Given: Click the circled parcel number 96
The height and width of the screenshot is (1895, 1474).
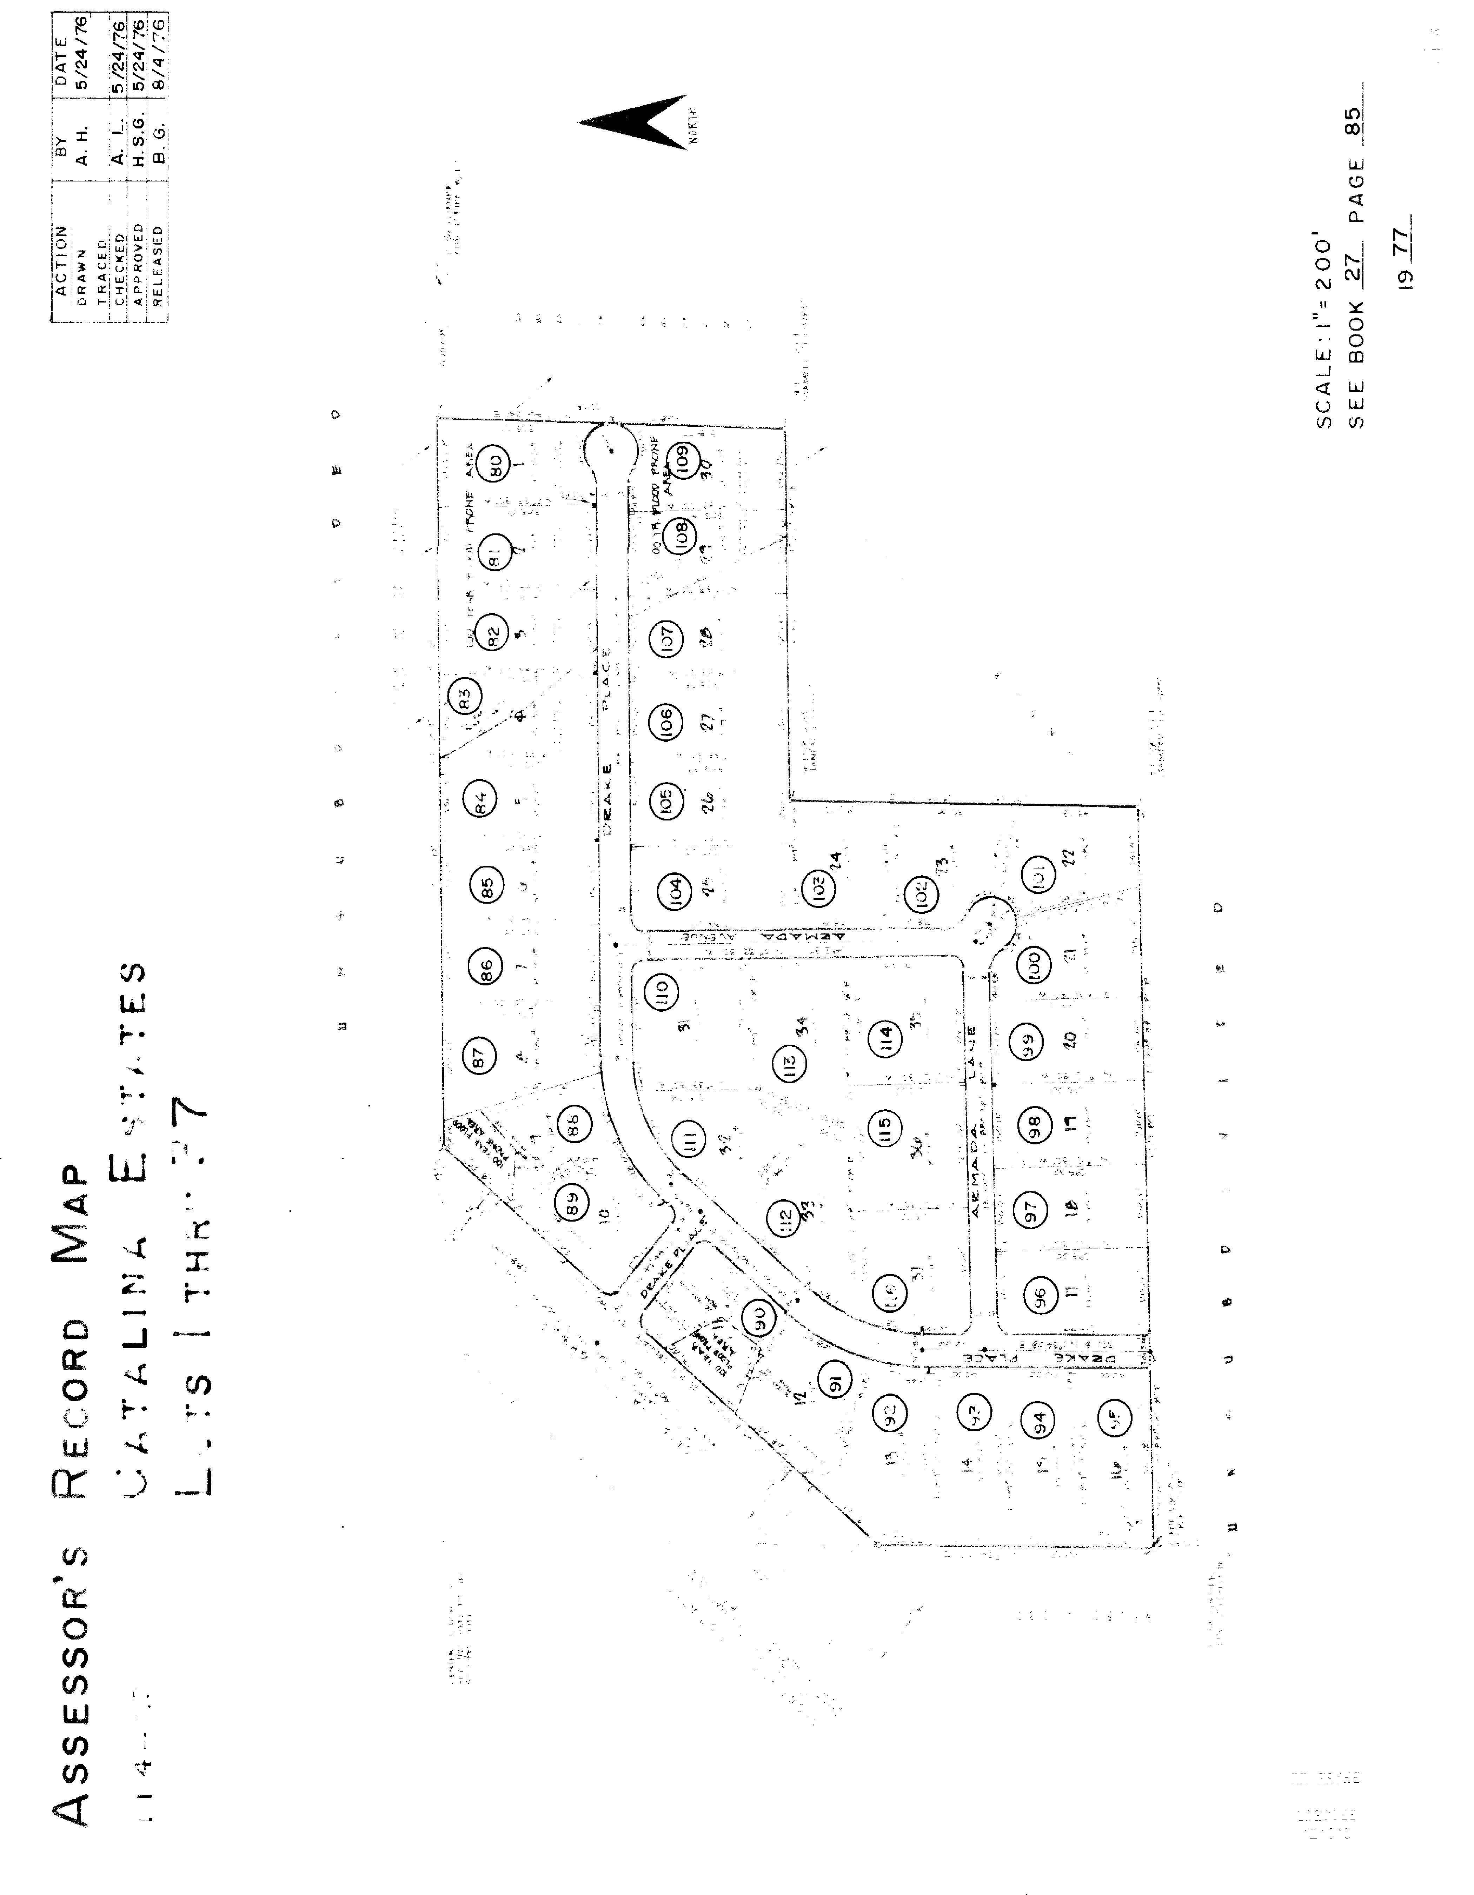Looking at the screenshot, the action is (x=1041, y=1295).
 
